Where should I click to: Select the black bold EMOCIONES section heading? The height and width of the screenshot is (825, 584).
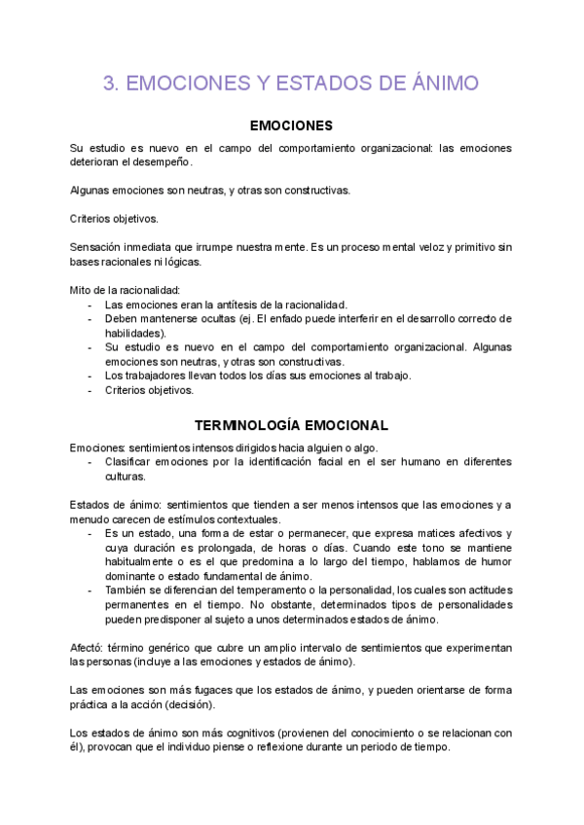click(292, 126)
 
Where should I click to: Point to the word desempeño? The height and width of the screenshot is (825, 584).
click(166, 161)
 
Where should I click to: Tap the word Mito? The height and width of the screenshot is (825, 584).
click(82, 290)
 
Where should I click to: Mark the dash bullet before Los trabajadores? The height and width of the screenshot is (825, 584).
click(91, 376)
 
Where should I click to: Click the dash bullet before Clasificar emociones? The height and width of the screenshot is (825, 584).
click(91, 462)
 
